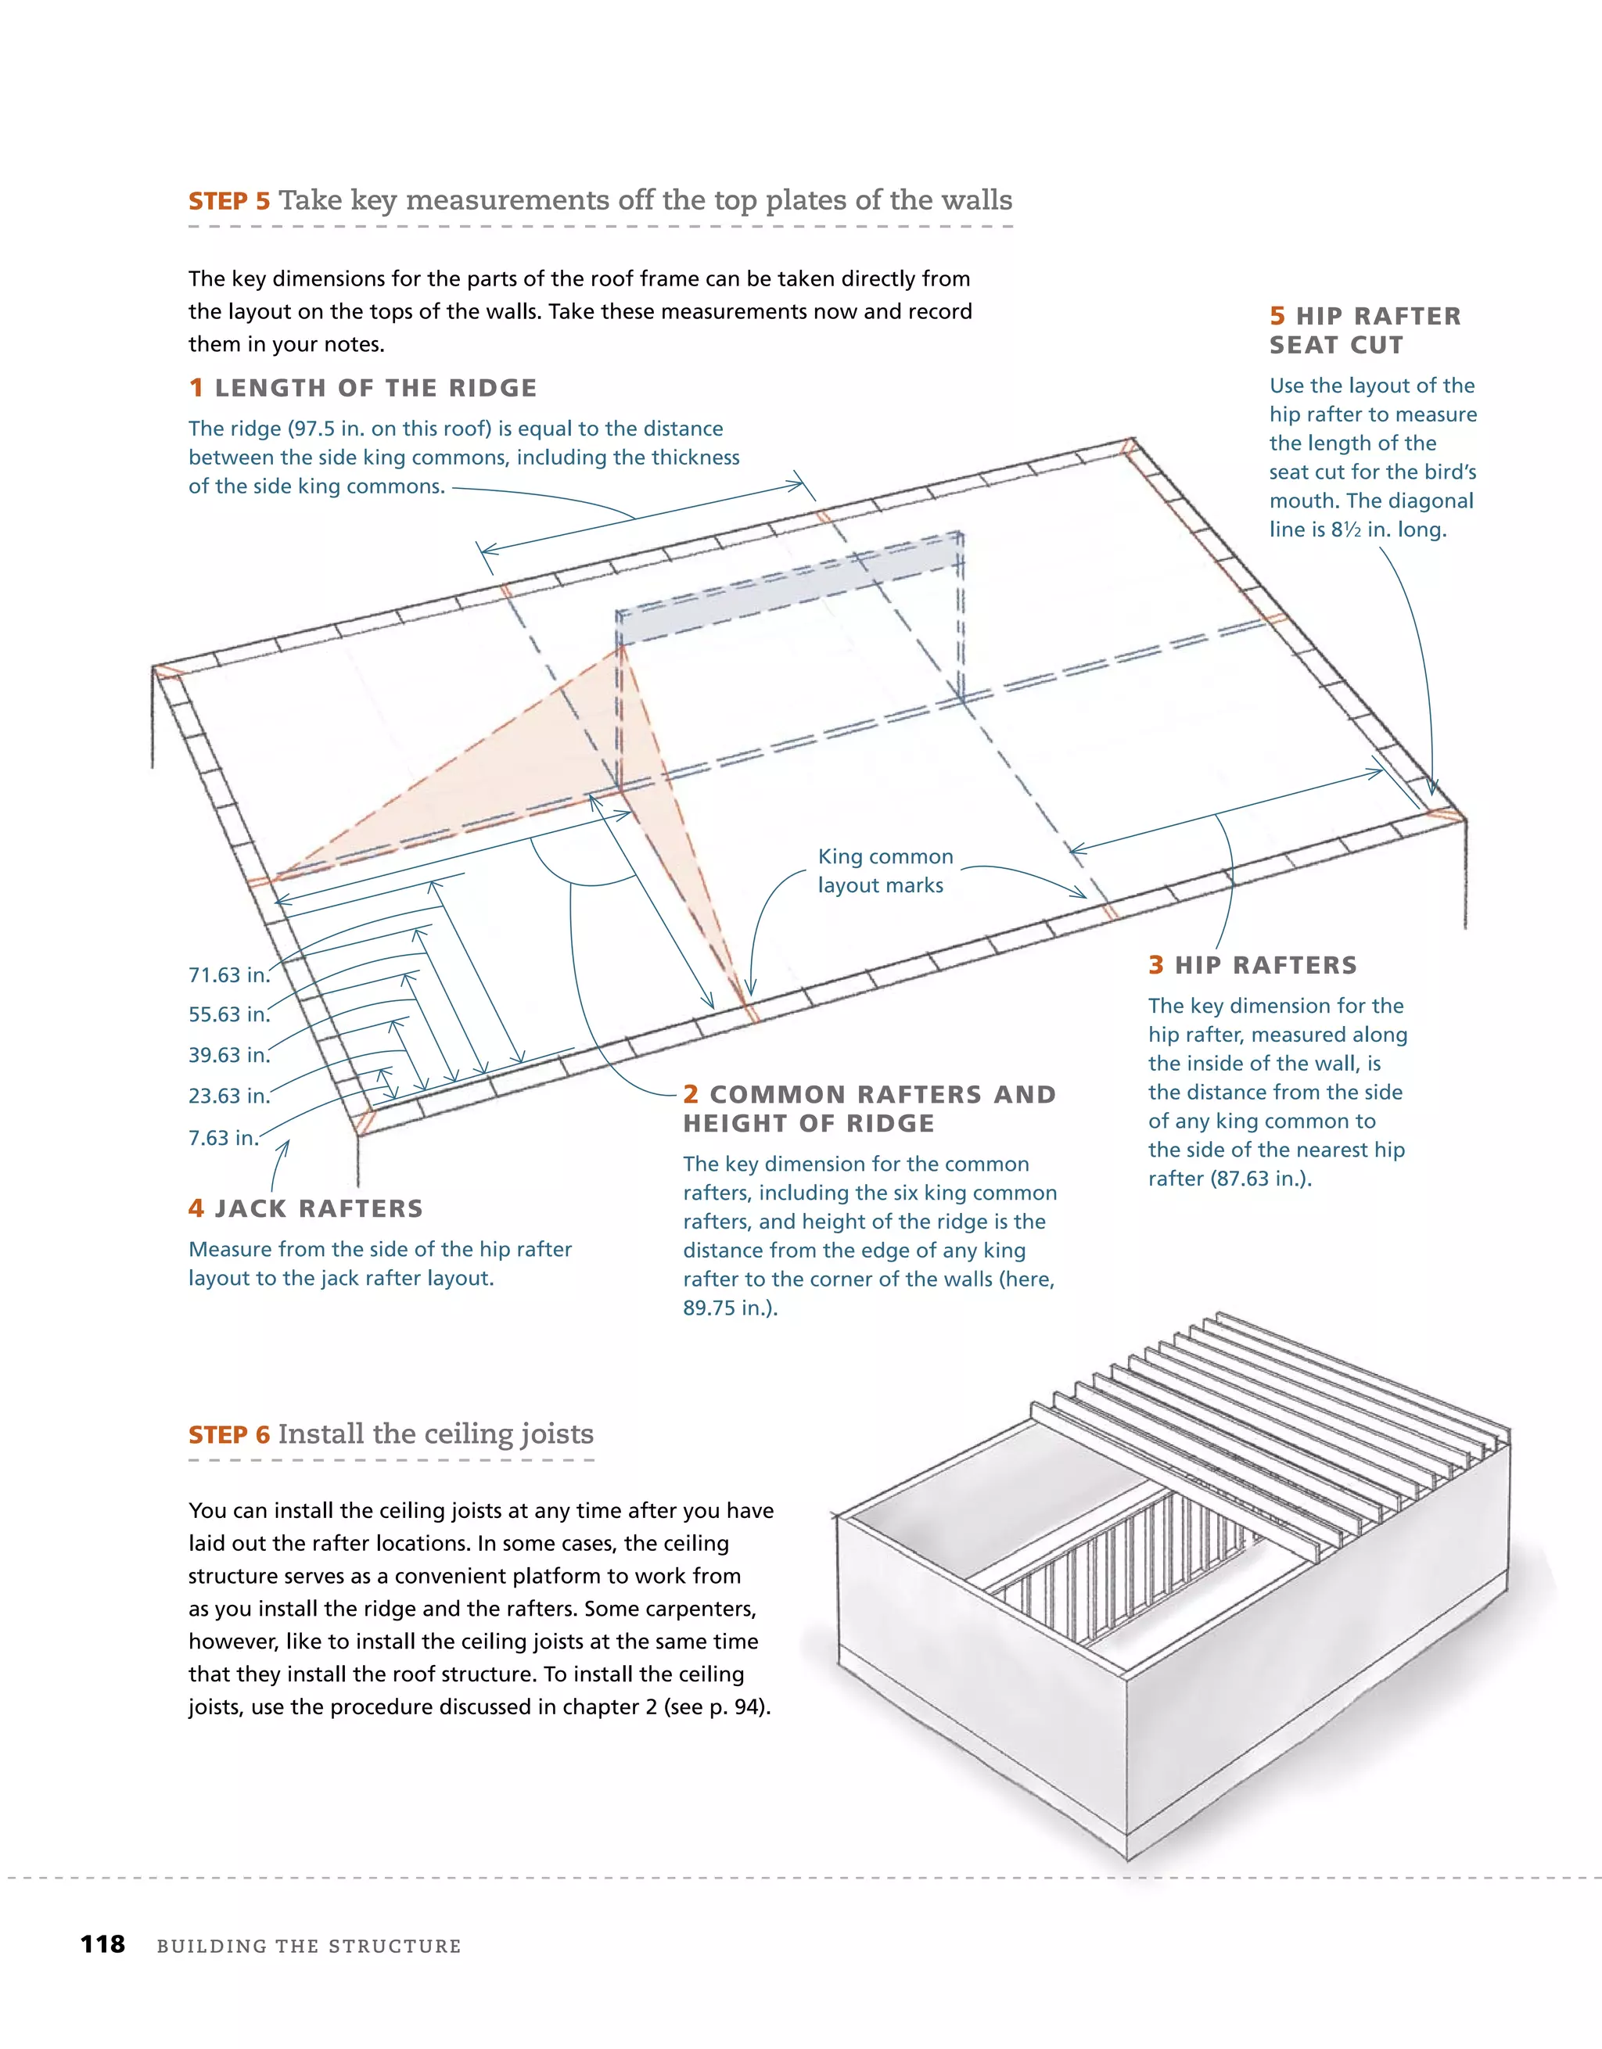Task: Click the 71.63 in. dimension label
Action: [x=229, y=974]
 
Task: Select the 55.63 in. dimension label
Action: [x=229, y=1014]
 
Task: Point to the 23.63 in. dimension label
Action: [x=229, y=1096]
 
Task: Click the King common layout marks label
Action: [x=884, y=870]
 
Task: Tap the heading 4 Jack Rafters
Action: [x=306, y=1208]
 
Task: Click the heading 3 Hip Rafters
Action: [x=1253, y=965]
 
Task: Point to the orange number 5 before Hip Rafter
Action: [x=1277, y=316]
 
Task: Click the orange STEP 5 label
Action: [x=229, y=201]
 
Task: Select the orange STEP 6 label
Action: [x=229, y=1434]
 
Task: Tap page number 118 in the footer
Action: [x=102, y=1944]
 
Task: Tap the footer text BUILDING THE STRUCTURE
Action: [x=309, y=1946]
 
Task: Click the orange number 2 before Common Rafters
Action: [x=691, y=1095]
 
